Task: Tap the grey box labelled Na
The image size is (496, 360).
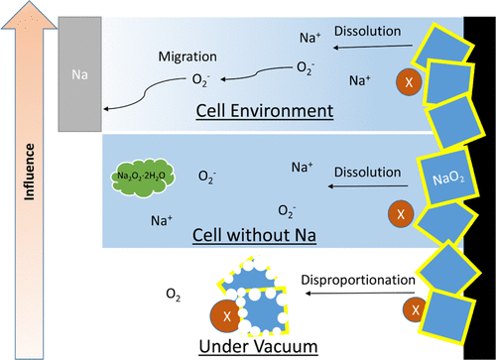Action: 79,73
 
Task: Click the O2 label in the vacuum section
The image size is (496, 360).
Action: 174,295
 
